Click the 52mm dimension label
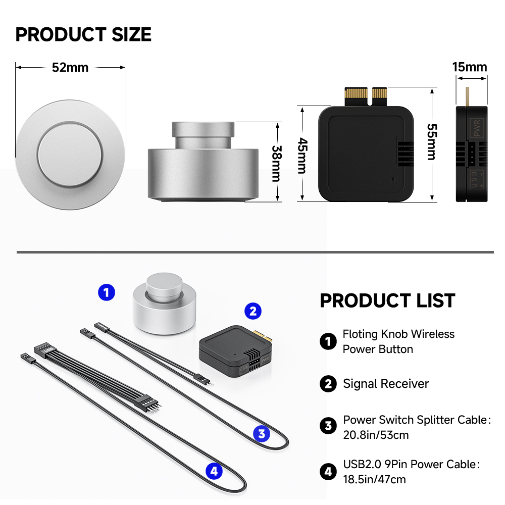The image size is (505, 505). tap(70, 68)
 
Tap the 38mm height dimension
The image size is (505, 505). tap(277, 164)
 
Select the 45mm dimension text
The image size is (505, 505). tap(302, 156)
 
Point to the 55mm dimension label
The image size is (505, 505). tap(432, 142)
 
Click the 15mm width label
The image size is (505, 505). tap(470, 67)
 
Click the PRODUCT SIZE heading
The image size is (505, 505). tap(83, 34)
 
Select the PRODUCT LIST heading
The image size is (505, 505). tap(387, 300)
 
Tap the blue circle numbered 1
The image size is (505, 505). tap(107, 292)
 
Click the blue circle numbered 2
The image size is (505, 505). tap(253, 311)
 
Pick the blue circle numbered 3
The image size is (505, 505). tap(262, 433)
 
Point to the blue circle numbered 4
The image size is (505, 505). tap(214, 471)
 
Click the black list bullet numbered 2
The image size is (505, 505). tap(328, 384)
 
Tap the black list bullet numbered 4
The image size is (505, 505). tap(328, 472)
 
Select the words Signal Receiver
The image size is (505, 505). tap(386, 384)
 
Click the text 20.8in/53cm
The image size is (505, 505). tap(376, 435)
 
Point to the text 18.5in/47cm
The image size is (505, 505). tap(374, 479)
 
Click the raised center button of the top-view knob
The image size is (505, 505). tap(70, 154)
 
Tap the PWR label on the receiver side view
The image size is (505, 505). tap(477, 128)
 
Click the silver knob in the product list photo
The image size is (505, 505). tap(164, 304)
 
